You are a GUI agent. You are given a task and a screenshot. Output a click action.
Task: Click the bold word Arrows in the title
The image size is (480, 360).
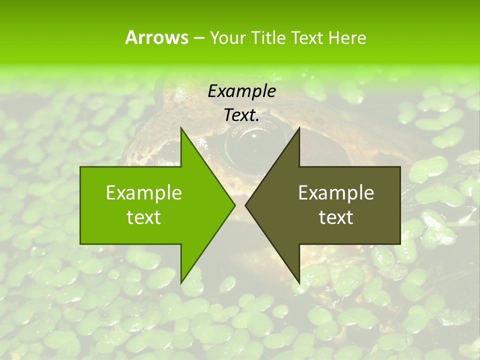click(x=156, y=37)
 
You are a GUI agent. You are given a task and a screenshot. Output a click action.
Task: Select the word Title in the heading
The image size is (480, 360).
click(x=270, y=37)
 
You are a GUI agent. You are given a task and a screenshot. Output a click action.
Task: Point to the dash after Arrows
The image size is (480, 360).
click(x=198, y=38)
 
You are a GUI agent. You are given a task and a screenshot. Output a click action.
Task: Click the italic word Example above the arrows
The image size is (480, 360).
click(x=241, y=91)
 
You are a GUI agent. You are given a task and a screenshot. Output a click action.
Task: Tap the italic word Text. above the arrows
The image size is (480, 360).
click(x=241, y=115)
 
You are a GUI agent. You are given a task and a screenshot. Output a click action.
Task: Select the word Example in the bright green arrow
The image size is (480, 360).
click(x=144, y=192)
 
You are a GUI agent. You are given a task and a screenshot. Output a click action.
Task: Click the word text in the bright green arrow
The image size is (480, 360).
click(x=144, y=217)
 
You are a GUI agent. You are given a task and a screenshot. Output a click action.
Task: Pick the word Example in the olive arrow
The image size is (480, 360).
click(x=336, y=192)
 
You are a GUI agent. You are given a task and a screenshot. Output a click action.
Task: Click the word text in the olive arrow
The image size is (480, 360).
click(x=336, y=217)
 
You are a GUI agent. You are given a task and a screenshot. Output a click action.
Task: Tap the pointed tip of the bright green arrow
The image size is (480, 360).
click(x=234, y=205)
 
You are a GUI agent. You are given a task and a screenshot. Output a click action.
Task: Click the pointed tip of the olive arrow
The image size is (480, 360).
click(x=245, y=205)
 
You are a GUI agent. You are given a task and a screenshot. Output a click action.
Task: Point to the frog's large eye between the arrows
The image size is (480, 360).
click(x=252, y=142)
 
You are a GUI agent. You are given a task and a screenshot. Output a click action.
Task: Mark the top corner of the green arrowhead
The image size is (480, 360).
click(x=181, y=128)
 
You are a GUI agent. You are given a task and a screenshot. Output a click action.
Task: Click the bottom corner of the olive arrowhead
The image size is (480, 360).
click(x=299, y=282)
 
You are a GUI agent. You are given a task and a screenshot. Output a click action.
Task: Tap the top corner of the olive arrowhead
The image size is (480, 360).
click(x=299, y=128)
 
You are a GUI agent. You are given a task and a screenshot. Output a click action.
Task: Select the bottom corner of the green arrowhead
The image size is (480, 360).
click(x=181, y=282)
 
